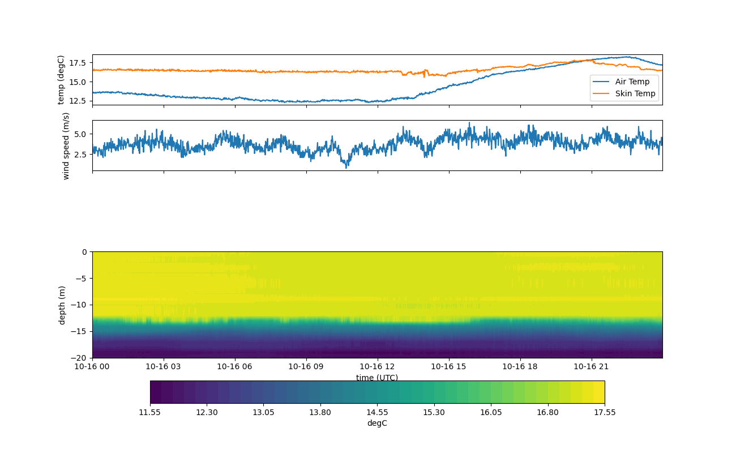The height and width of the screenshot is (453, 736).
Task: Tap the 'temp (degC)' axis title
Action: (x=61, y=80)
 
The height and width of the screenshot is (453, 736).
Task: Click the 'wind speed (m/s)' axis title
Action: (x=66, y=146)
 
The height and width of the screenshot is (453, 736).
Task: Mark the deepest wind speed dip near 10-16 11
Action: (x=347, y=168)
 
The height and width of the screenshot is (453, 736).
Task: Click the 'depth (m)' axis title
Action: (x=62, y=305)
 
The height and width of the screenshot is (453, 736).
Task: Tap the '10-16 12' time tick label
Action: (x=378, y=366)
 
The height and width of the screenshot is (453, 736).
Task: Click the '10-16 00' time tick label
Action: (x=92, y=366)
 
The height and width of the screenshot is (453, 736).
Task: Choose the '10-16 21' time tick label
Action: (x=592, y=366)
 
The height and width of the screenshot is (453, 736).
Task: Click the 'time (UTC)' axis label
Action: (x=377, y=378)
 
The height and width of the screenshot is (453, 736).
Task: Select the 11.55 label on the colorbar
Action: (x=150, y=412)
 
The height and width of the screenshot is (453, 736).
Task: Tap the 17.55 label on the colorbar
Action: (x=604, y=412)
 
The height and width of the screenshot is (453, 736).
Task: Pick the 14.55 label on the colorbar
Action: (x=377, y=412)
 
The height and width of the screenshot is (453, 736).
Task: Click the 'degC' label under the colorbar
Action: (x=377, y=423)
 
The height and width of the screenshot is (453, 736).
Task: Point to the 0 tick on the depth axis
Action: (x=84, y=252)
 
